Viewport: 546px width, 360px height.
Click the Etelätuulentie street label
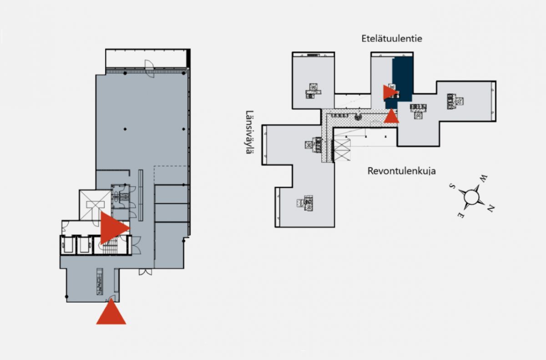click(392, 39)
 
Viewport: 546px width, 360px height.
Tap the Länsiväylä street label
click(249, 132)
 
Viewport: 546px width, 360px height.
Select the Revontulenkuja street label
click(401, 171)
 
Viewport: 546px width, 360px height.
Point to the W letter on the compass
click(483, 179)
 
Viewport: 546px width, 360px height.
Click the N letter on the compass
click(490, 208)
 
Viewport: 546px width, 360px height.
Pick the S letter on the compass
click(452, 186)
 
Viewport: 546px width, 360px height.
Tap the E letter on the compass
click(460, 215)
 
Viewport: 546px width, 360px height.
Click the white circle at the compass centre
click(471, 197)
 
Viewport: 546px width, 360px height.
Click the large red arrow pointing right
click(113, 228)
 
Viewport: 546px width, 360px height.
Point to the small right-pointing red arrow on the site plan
click(389, 92)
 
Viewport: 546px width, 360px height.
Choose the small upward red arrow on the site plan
click(391, 117)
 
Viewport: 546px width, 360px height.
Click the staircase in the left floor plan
click(110, 247)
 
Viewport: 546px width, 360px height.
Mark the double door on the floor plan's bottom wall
click(145, 272)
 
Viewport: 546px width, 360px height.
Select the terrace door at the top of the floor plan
click(150, 69)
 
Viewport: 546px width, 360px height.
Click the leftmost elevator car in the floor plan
click(67, 245)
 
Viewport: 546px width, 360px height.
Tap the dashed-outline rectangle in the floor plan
click(171, 175)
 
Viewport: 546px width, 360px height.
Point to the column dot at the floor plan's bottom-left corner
click(66, 297)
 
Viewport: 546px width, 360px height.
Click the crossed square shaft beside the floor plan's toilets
click(95, 205)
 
